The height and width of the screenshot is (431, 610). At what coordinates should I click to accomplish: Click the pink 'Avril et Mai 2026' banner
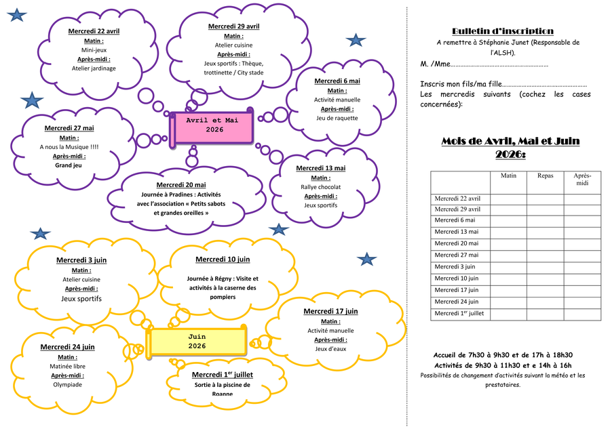click(x=214, y=125)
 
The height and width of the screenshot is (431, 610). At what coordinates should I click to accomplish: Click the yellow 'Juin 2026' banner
click(x=197, y=341)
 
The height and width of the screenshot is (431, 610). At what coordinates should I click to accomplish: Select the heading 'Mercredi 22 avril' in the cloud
click(x=94, y=31)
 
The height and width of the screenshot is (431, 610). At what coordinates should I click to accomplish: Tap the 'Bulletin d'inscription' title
click(x=502, y=31)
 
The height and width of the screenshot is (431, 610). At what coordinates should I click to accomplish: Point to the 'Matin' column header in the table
click(x=508, y=176)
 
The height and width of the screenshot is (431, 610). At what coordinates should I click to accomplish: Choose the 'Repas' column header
click(x=545, y=176)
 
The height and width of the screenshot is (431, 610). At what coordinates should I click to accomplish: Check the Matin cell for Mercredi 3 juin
click(x=508, y=267)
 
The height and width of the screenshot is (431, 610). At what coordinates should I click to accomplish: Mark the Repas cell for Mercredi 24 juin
click(x=545, y=302)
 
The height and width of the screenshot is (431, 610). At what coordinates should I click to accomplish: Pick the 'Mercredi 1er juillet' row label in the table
click(x=459, y=314)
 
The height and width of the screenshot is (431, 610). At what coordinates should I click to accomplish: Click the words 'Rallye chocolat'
click(x=320, y=187)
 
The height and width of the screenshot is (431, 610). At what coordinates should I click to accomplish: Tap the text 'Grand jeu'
click(x=69, y=165)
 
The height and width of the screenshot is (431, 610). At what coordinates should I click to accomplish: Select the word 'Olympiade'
click(x=67, y=384)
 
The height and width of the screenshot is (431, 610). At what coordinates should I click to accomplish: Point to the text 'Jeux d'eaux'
click(x=330, y=349)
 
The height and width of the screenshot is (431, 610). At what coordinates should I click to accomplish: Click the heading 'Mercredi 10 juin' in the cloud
click(x=223, y=260)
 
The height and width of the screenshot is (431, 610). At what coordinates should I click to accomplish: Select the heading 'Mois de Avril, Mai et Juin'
click(x=510, y=142)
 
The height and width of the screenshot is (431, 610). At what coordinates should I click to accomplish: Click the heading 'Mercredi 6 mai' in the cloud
click(x=337, y=81)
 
